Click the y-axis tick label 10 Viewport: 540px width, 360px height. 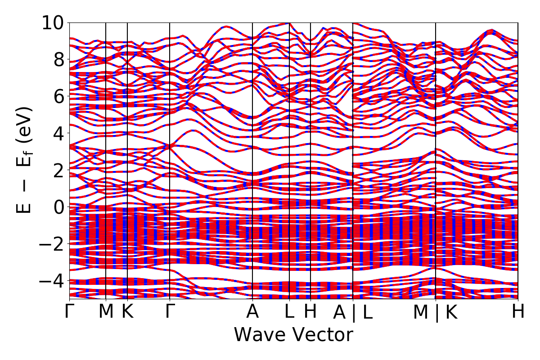point(53,22)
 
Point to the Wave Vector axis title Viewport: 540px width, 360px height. point(293,335)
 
